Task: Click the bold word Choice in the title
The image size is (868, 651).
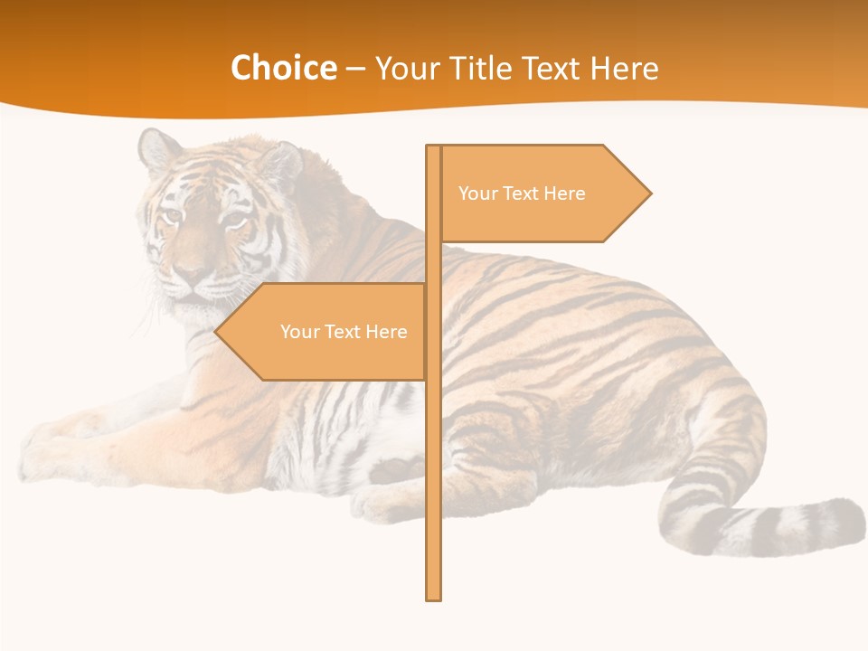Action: [x=283, y=68]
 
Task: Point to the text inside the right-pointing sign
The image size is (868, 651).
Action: [x=522, y=193]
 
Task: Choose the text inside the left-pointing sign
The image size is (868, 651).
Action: [x=344, y=332]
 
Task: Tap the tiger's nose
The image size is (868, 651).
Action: [x=191, y=271]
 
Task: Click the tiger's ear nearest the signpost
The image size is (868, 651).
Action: [x=279, y=163]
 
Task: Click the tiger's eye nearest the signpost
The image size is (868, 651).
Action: [x=233, y=219]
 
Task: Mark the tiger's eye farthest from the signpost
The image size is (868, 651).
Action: [x=170, y=215]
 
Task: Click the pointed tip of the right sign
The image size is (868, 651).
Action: [x=649, y=193]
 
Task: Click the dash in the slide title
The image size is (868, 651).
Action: [x=355, y=69]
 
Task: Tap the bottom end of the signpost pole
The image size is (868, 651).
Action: [x=433, y=596]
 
